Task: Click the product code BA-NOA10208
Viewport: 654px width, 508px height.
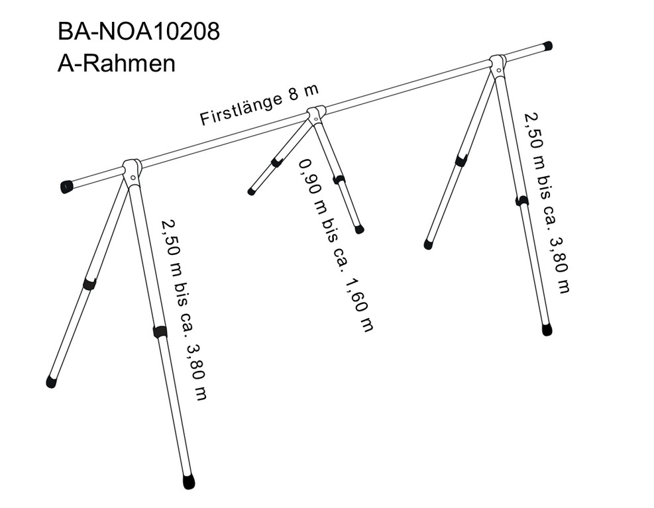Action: point(138,32)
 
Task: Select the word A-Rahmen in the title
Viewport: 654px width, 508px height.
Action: point(116,64)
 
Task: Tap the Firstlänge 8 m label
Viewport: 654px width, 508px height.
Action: point(259,105)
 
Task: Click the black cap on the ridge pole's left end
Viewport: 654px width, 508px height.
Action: point(66,187)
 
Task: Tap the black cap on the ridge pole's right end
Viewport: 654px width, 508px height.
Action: point(547,46)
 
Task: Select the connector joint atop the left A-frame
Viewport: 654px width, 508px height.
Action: point(132,170)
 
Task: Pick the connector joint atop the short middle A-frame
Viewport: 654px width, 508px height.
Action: point(316,114)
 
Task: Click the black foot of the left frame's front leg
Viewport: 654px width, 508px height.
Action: point(189,482)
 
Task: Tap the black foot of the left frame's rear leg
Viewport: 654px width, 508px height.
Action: point(51,381)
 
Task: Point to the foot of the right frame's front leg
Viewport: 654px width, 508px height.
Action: point(547,329)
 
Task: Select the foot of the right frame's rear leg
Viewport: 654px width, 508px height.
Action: point(428,244)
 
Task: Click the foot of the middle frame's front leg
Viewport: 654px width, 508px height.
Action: point(359,229)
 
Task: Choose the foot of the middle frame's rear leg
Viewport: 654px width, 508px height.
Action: point(251,192)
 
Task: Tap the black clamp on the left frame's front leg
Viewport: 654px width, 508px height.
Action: point(160,332)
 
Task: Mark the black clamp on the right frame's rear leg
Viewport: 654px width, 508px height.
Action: point(461,160)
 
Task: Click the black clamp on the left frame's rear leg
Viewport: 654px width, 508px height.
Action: point(89,284)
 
